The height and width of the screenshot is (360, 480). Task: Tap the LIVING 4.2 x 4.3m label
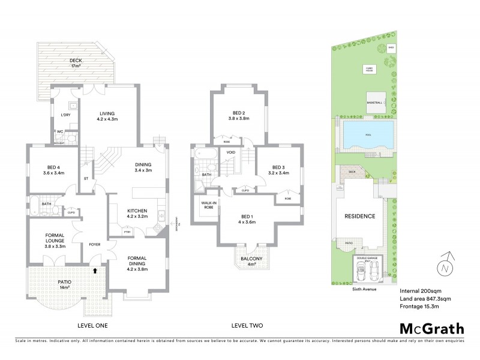coord(107,116)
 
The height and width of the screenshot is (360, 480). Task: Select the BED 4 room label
coord(55,170)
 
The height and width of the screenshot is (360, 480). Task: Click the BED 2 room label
coord(239,116)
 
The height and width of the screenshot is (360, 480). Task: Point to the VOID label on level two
coord(231,153)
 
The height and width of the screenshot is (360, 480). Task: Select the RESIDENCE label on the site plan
coord(359,216)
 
